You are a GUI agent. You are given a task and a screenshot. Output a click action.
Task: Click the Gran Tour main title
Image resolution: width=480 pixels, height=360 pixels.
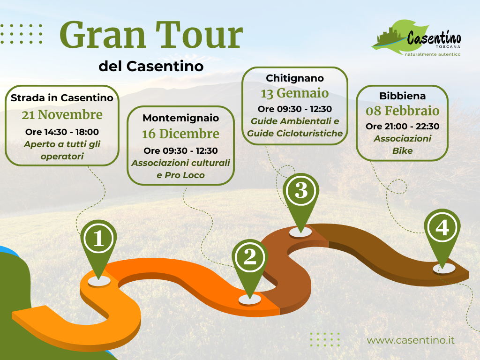coord(151,35)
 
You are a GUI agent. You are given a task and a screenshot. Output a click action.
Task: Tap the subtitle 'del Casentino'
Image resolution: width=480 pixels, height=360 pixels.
coord(151,66)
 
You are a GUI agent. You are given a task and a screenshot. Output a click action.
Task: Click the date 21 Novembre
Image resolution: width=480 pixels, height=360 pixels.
coord(62,115)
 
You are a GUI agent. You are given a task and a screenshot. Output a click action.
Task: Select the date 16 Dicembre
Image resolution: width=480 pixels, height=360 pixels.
coord(180,134)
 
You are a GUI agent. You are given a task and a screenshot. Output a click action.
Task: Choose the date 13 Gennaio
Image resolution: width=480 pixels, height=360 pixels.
coord(295,93)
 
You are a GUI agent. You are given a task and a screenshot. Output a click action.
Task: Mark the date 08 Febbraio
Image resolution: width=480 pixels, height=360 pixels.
coord(403,111)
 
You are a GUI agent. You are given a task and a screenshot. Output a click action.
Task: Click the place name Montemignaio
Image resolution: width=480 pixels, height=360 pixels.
coord(180,118)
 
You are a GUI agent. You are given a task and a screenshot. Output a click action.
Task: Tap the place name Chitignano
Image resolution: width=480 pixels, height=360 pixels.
coord(295,78)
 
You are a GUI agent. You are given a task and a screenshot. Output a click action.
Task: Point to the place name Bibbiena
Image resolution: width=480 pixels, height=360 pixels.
coord(403,96)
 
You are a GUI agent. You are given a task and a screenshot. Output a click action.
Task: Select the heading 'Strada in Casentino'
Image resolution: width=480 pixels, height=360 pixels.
coord(62,97)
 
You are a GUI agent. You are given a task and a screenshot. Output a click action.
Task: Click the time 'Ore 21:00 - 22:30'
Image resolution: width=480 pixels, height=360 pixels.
coord(403,126)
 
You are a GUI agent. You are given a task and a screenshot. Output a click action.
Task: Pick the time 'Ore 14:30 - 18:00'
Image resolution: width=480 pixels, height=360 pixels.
coord(62,132)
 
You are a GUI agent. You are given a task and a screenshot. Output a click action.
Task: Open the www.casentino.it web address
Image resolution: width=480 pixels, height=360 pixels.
coord(411,340)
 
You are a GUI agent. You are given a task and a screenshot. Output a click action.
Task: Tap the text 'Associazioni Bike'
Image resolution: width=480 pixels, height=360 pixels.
coord(403,144)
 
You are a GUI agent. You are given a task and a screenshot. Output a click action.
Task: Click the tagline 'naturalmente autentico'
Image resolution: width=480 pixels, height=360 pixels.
coord(433,54)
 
